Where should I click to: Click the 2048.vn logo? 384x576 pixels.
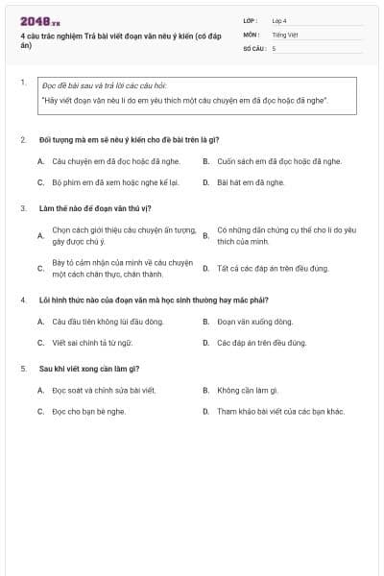[x=39, y=21]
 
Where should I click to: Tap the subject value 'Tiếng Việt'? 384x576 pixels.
[x=285, y=35]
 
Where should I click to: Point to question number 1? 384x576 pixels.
[x=22, y=83]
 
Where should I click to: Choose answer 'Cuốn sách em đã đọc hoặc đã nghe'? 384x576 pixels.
[x=278, y=161]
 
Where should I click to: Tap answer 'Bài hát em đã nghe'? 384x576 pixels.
[x=251, y=181]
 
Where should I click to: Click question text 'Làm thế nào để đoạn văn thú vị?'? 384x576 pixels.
[x=96, y=208]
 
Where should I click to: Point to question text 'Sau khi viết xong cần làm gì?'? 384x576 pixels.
[x=90, y=369]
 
